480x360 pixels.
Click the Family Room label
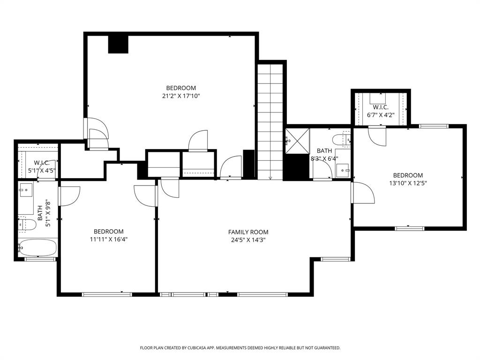pos(248,232)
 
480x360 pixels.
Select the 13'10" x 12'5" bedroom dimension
pos(407,183)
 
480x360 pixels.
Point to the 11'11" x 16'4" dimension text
pos(108,239)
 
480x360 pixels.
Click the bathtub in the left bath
pos(37,247)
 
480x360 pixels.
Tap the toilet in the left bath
pos(28,224)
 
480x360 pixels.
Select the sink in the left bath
pos(25,191)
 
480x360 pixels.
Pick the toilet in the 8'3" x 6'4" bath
pos(339,139)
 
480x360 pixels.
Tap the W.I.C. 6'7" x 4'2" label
pos(380,111)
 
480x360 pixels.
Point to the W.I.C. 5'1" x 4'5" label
pos(38,166)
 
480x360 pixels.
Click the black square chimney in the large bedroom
pos(118,44)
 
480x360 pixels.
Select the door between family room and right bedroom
pos(362,192)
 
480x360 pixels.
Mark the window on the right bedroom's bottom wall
pos(409,228)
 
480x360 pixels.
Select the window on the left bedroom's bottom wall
pos(107,294)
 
